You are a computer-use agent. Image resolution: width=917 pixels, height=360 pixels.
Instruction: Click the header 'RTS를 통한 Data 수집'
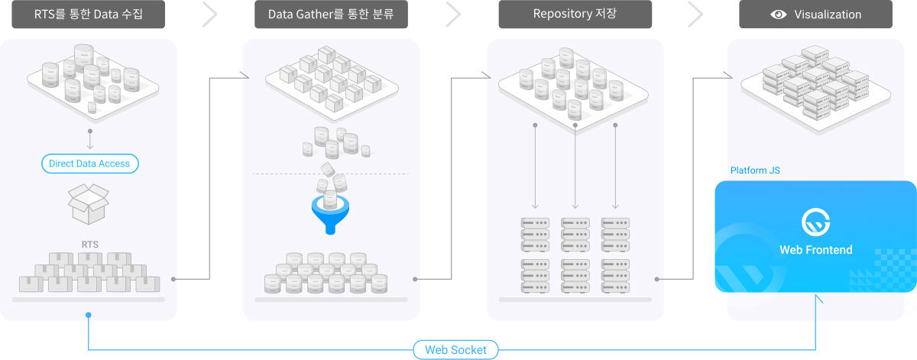point(88,15)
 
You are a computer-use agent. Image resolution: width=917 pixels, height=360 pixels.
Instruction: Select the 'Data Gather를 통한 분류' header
point(331,15)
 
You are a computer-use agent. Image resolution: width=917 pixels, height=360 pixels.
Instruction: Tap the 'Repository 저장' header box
point(575,15)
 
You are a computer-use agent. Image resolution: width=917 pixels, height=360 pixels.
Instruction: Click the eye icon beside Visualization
point(778,15)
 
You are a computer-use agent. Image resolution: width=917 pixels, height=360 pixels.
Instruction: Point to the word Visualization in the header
point(827,15)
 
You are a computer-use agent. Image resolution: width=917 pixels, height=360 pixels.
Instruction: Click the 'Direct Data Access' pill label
point(89,164)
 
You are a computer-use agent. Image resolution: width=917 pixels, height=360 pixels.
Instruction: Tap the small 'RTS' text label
point(90,245)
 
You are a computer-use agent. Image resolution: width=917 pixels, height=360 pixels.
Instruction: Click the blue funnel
point(331,216)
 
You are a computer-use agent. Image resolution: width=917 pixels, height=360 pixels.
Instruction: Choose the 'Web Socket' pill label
point(455,350)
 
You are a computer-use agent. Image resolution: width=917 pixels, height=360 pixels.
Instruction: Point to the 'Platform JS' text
point(755,170)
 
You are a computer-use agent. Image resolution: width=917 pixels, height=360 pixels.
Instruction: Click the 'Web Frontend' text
point(815,250)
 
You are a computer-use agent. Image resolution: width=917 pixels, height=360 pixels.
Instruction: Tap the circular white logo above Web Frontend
point(815,222)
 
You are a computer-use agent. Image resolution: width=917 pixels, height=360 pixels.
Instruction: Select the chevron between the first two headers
point(210,15)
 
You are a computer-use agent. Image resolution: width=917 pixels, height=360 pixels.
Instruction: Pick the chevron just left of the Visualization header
point(695,15)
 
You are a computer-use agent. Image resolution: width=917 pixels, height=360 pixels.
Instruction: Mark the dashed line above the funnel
point(331,174)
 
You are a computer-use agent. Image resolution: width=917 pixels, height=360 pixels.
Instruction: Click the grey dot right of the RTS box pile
point(173,279)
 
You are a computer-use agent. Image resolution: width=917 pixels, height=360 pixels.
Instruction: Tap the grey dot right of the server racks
point(657,279)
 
